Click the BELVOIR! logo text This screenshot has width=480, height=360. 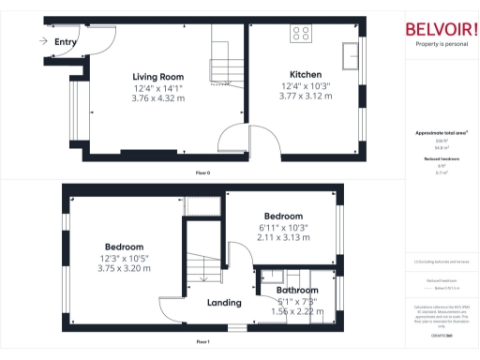pyautogui.click(x=442, y=28)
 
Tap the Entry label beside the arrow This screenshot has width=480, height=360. pyautogui.click(x=66, y=42)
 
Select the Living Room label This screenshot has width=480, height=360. pyautogui.click(x=157, y=77)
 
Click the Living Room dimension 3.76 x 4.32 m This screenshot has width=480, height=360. pyautogui.click(x=157, y=97)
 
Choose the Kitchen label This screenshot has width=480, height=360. pyautogui.click(x=306, y=74)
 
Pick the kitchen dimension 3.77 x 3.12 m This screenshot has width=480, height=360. pyautogui.click(x=306, y=96)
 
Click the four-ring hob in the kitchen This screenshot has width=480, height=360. pyautogui.click(x=302, y=33)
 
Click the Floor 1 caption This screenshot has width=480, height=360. pyautogui.click(x=202, y=342)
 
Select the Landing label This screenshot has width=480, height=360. pyautogui.click(x=225, y=303)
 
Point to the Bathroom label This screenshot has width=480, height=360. pyautogui.click(x=297, y=291)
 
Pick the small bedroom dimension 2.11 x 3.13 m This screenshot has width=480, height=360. pyautogui.click(x=282, y=238)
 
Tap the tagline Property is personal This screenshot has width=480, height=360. pyautogui.click(x=442, y=44)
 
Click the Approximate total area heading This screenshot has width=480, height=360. pyautogui.click(x=442, y=133)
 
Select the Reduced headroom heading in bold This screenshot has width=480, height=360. pyautogui.click(x=442, y=159)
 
